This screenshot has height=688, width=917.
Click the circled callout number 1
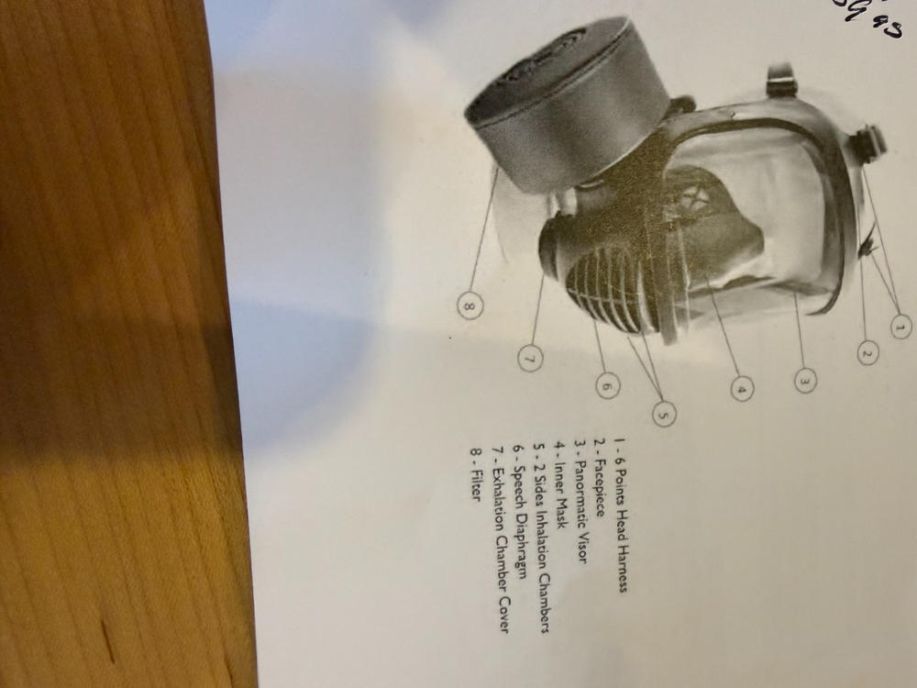click(x=900, y=326)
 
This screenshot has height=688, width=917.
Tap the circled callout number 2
click(x=868, y=352)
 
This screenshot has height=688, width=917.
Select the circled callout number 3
click(x=804, y=380)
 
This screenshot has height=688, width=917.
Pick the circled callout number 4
click(x=742, y=389)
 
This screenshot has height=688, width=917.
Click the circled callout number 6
click(x=607, y=385)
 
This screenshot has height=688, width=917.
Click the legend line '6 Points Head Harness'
click(x=621, y=514)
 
